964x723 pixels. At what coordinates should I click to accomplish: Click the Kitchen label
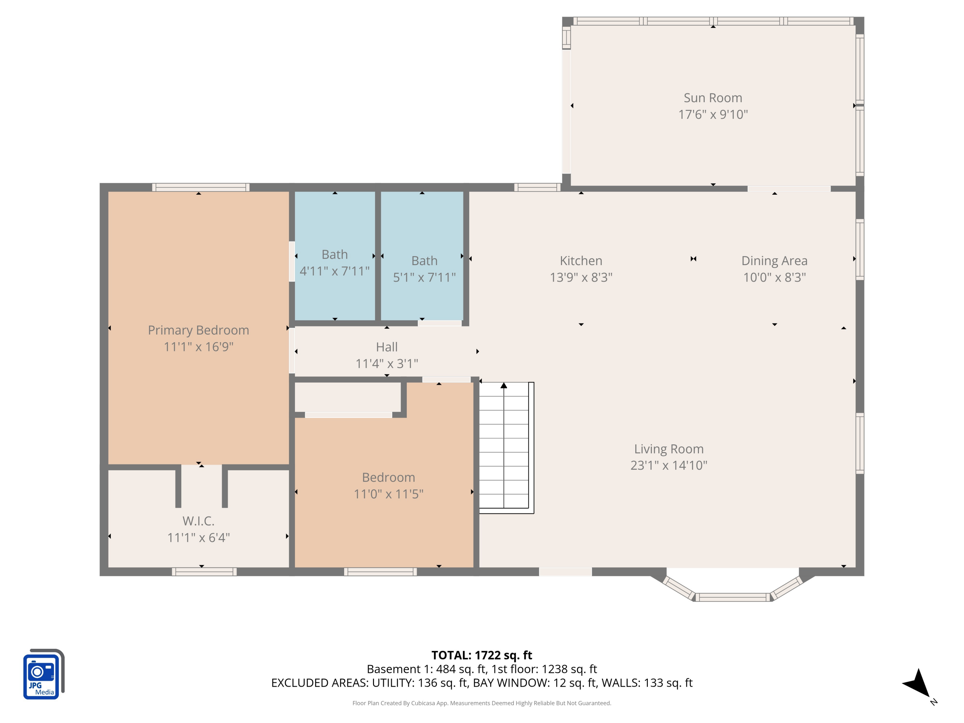pos(581,261)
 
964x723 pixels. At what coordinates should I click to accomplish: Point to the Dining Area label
pos(774,261)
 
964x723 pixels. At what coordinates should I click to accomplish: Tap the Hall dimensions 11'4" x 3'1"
pos(387,363)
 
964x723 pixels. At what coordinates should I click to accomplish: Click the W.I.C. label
pos(198,521)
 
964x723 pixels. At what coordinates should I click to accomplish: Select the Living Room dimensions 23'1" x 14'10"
pos(668,465)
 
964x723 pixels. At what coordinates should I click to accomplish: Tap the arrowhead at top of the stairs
pos(504,386)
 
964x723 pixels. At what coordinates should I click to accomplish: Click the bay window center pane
pos(733,597)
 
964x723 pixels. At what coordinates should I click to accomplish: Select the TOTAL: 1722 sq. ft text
pos(482,655)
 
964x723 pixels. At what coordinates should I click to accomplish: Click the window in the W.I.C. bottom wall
pos(204,572)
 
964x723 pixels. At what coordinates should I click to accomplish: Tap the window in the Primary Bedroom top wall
pos(201,187)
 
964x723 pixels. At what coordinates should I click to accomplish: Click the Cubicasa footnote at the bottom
pos(482,703)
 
